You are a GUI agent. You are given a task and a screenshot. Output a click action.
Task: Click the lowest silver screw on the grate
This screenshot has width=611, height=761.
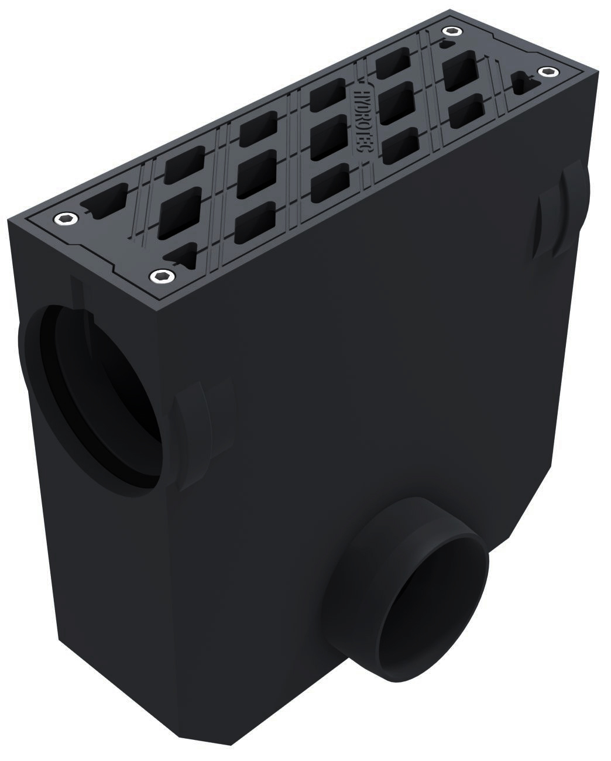point(156,275)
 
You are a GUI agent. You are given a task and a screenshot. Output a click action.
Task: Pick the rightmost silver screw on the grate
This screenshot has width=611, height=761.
point(547,71)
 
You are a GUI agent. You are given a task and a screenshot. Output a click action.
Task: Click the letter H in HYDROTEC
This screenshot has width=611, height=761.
point(361,94)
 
